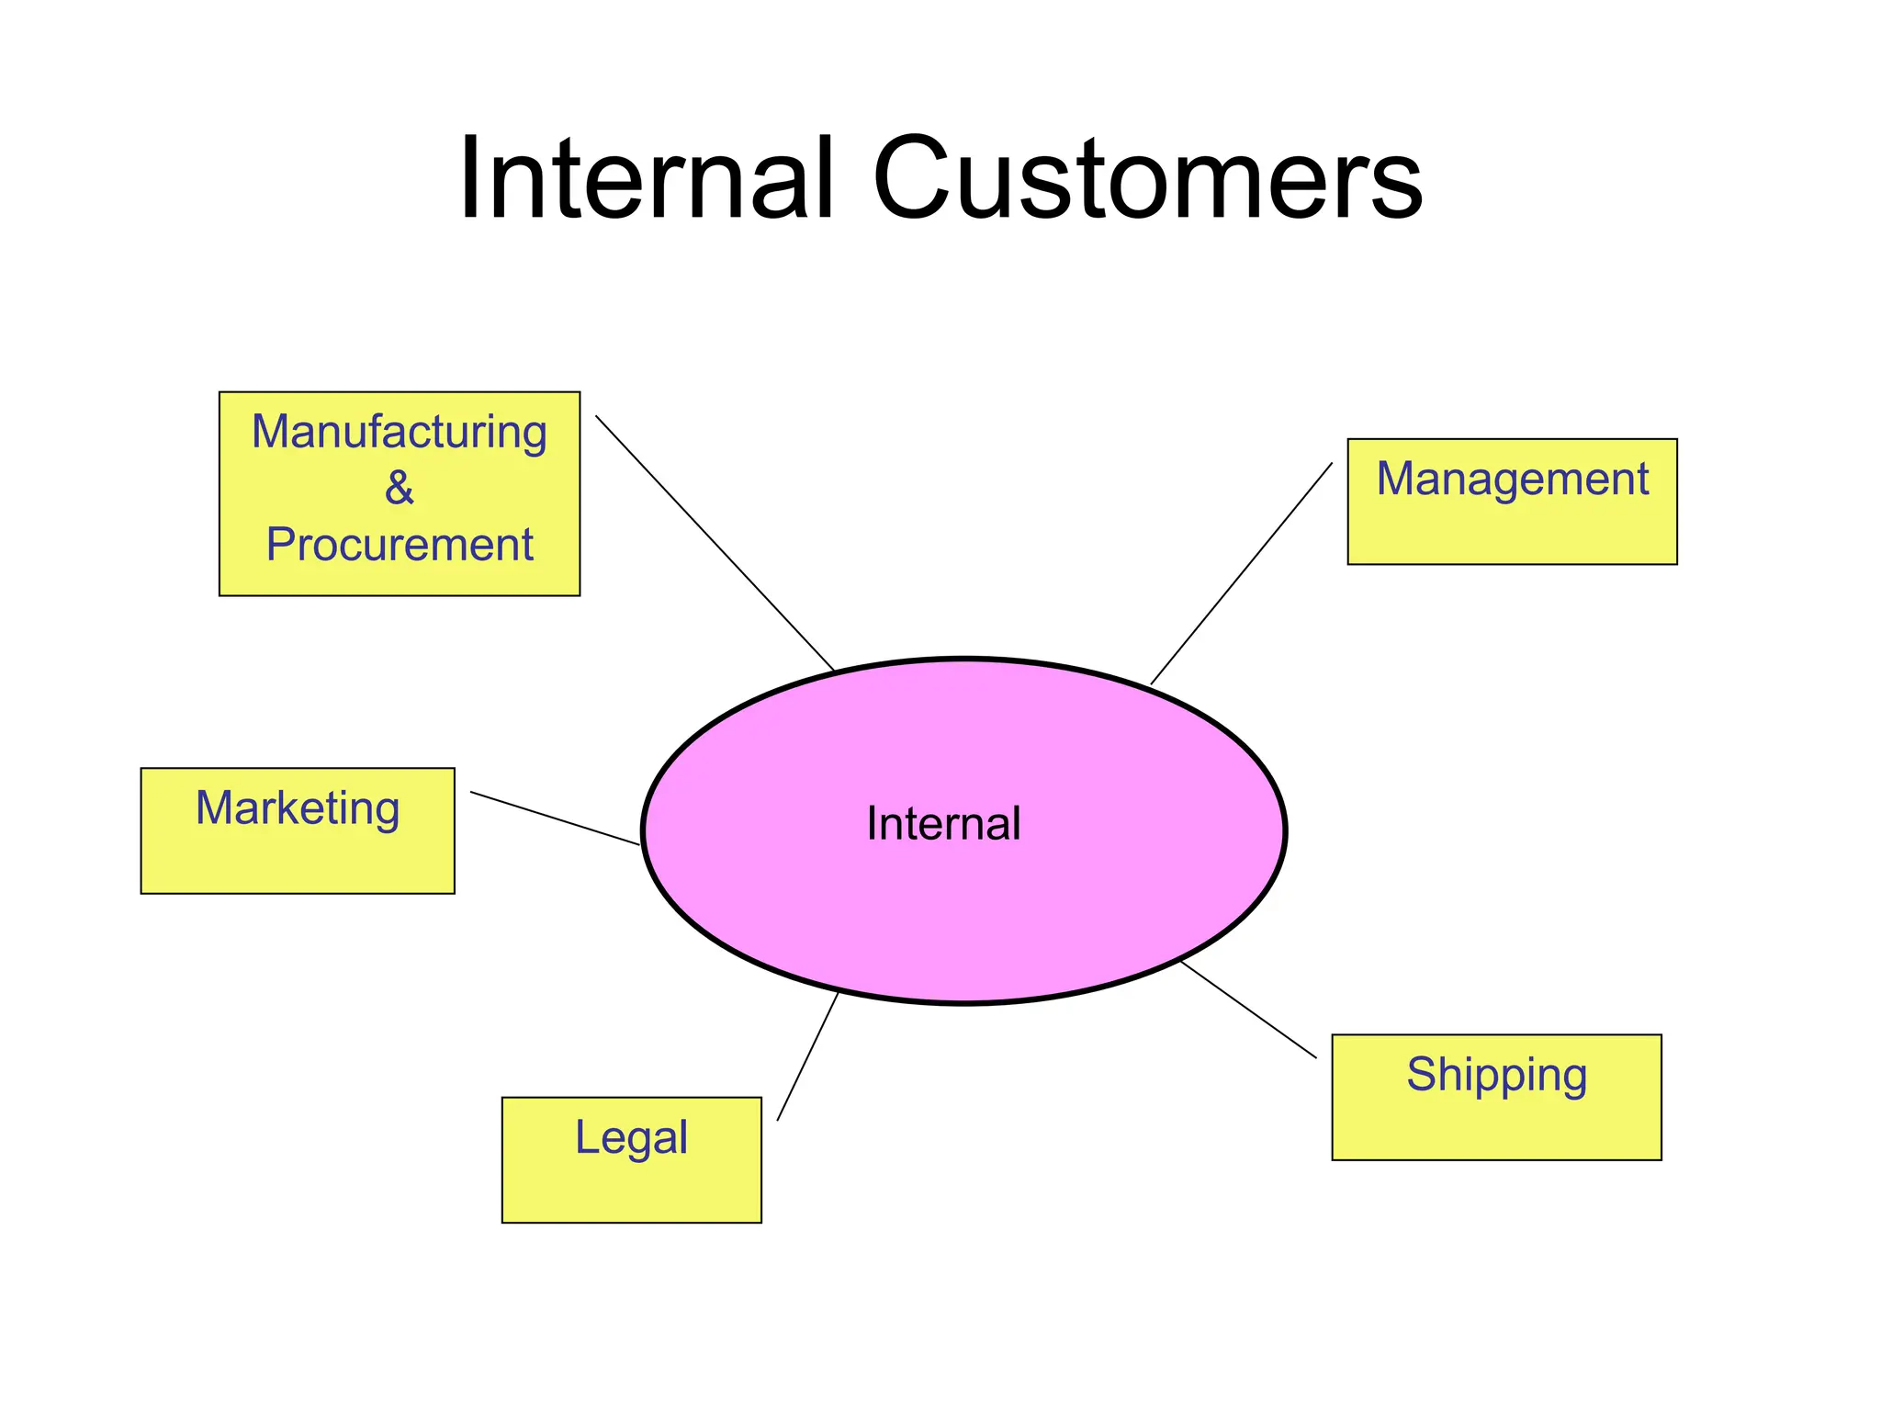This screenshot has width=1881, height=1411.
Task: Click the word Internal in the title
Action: (x=646, y=179)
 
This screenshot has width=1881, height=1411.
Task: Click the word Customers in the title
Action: (x=1147, y=179)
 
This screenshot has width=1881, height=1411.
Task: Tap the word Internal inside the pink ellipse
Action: (x=943, y=824)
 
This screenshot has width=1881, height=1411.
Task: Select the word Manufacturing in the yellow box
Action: (x=400, y=433)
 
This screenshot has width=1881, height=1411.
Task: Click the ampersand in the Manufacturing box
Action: (x=400, y=488)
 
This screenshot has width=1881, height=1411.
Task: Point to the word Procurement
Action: (x=400, y=545)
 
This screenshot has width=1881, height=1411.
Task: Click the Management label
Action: (x=1512, y=480)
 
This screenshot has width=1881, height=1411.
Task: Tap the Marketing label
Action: (x=298, y=809)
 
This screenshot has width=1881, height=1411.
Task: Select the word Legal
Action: (x=631, y=1138)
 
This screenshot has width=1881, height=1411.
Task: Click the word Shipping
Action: (x=1496, y=1075)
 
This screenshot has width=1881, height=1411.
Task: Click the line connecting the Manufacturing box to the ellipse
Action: (x=715, y=543)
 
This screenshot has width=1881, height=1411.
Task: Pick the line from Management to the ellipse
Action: (x=1241, y=574)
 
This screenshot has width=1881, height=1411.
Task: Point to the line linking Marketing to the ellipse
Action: (x=555, y=818)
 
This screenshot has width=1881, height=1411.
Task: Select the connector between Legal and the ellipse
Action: (x=808, y=1056)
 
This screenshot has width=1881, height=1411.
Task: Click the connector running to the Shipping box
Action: (x=1248, y=1010)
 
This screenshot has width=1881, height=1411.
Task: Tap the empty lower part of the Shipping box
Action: (x=1496, y=1130)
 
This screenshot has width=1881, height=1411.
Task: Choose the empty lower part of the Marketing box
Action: (x=298, y=864)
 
